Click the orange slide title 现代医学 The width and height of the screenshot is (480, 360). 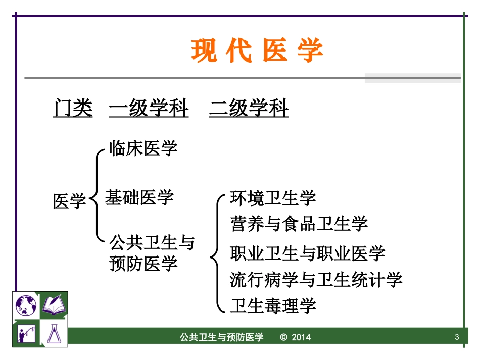257,51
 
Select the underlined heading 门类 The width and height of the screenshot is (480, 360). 73,109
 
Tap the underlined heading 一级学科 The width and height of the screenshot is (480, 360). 149,109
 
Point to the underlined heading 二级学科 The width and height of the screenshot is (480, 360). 249,109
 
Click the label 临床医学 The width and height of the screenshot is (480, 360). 143,148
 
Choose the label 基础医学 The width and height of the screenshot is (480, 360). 139,197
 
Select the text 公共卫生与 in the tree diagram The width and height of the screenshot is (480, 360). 152,243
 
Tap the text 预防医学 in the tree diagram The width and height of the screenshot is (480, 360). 143,263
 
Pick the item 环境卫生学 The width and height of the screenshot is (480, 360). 273,197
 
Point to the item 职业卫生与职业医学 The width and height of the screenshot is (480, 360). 307,253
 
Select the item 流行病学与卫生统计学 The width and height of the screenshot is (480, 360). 316,279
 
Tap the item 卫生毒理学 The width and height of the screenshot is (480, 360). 273,305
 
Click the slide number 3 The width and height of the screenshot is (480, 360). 457,337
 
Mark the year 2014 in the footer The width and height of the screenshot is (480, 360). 301,337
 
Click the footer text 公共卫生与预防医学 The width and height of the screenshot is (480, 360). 222,337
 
